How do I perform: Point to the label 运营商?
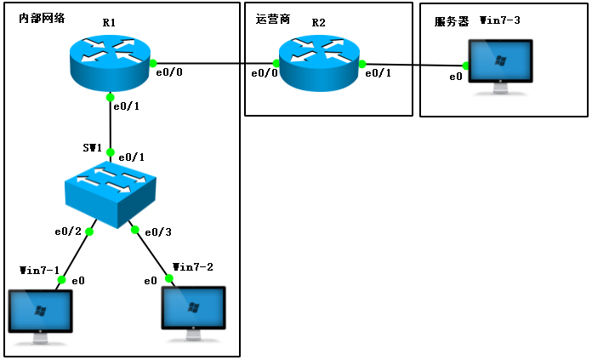tap(273, 18)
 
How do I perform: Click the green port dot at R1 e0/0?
tap(153, 63)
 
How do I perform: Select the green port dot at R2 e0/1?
tap(361, 64)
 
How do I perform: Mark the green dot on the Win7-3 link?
tap(466, 66)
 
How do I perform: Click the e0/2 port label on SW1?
tap(68, 231)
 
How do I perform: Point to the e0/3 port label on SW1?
tap(158, 232)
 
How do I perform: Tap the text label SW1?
tap(93, 148)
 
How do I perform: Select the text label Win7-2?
tap(193, 267)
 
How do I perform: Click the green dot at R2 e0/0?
tap(277, 63)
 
